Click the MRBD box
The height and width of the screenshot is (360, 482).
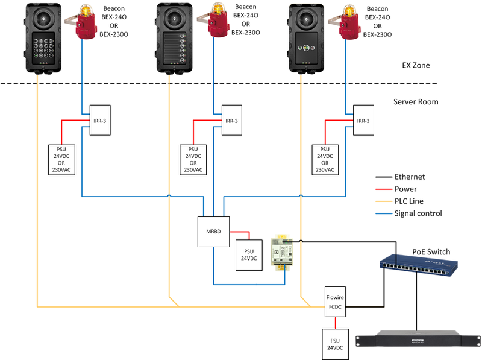(x=213, y=232)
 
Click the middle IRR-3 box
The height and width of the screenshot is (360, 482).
(x=231, y=121)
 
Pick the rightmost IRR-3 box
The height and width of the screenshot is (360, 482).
(x=363, y=121)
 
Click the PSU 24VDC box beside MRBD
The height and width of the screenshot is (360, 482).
(x=248, y=254)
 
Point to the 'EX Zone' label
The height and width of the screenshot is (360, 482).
(x=416, y=65)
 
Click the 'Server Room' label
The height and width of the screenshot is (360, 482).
(x=416, y=102)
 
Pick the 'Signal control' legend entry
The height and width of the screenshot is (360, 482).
(x=418, y=213)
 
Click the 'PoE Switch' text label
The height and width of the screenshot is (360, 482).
(x=431, y=251)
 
